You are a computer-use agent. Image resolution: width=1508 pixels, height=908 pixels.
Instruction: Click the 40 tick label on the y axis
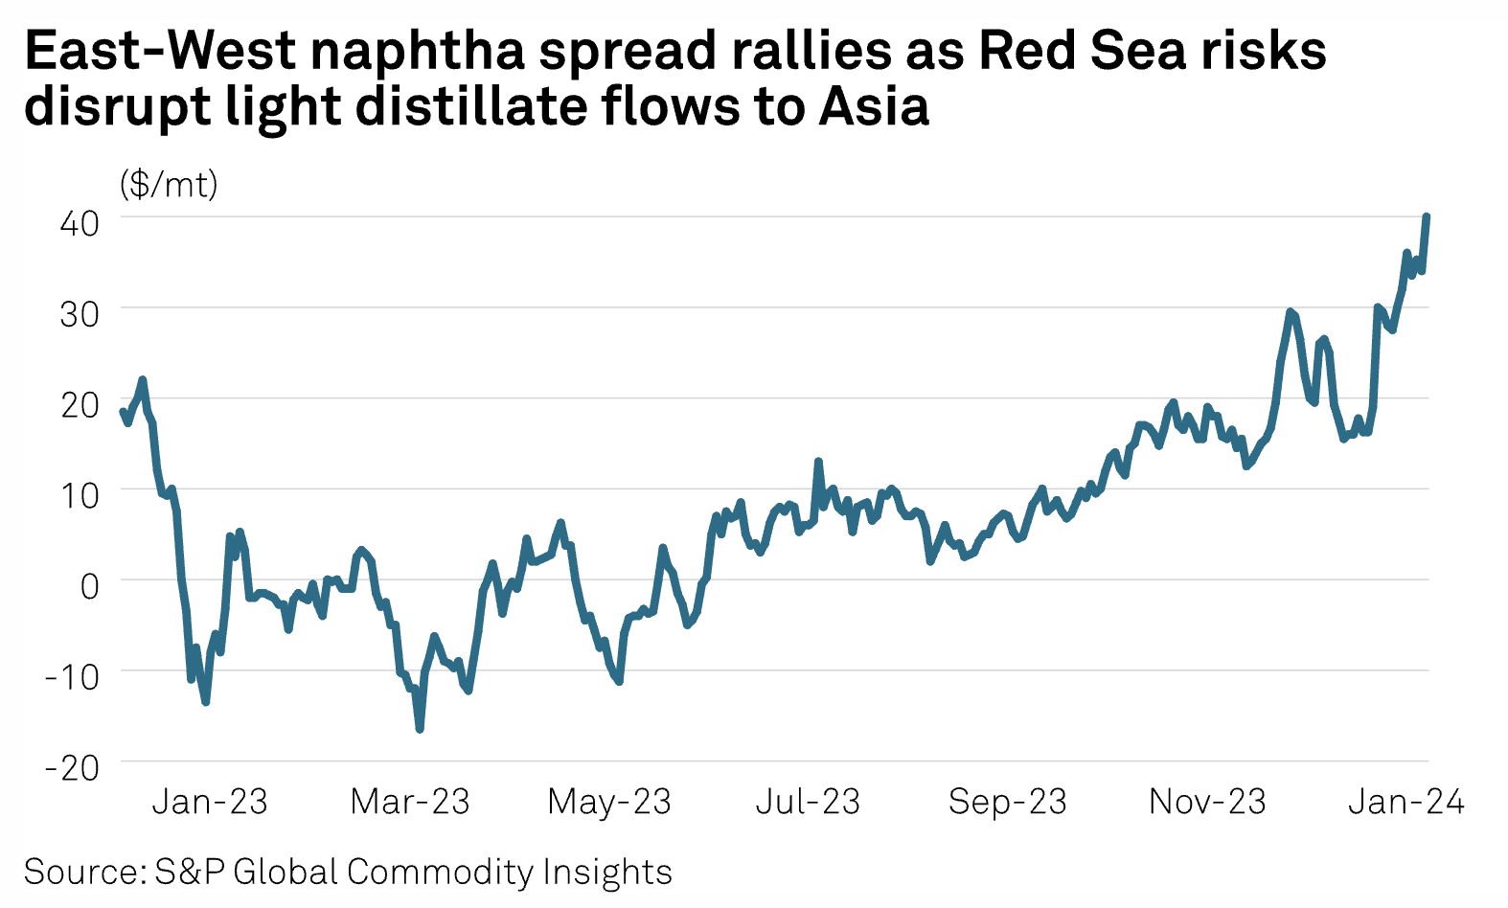point(80,223)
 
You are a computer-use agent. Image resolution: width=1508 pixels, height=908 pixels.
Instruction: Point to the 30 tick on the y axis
point(80,313)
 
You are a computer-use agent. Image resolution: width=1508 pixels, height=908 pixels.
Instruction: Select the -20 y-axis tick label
point(72,767)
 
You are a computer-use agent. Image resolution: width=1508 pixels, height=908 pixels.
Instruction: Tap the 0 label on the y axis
point(89,585)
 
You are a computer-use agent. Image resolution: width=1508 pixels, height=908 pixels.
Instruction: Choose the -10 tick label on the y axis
point(72,676)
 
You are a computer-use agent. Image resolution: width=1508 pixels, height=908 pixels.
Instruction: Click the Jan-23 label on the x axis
point(210,802)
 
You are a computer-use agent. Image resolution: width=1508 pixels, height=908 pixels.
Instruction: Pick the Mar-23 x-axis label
point(410,802)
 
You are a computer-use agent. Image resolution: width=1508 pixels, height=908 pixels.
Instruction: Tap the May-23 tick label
point(609,802)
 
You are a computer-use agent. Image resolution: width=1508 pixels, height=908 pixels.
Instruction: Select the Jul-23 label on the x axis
point(808,802)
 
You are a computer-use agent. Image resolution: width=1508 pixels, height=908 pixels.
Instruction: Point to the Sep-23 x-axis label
point(1007,802)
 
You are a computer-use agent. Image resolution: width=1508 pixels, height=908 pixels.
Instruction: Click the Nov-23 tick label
point(1207,802)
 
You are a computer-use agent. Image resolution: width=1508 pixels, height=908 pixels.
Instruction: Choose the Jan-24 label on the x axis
point(1405,802)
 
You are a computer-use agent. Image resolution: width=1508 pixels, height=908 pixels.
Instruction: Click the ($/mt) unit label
point(169,183)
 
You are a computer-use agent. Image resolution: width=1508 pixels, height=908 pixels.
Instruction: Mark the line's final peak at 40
point(1427,216)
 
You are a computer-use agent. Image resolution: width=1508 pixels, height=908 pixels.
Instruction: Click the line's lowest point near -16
point(420,729)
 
